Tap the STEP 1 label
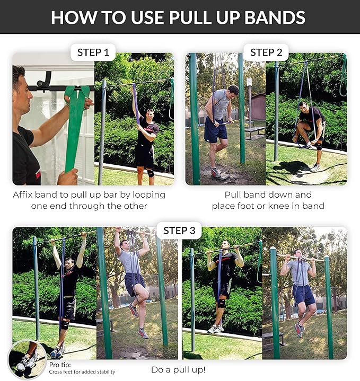click(93, 52)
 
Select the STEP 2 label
click(266, 52)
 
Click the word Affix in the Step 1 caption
click(25, 194)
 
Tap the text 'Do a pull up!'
click(178, 370)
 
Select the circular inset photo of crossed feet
click(27, 359)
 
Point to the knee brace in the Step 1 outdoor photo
click(151, 172)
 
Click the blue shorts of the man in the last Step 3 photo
click(304, 295)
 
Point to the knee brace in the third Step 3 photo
click(221, 303)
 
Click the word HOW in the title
click(72, 17)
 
